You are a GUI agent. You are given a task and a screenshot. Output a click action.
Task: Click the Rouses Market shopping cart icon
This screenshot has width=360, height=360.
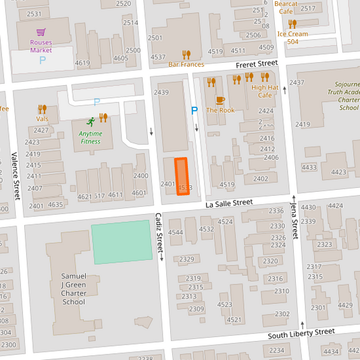(41, 32)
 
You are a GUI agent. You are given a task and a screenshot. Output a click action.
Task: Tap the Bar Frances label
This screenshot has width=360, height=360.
(186, 64)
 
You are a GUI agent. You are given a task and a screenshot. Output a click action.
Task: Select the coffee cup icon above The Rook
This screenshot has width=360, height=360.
(220, 100)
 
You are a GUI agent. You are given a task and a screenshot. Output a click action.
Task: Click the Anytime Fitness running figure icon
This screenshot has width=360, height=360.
(91, 122)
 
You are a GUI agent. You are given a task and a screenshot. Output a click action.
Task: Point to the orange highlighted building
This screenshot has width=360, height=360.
(181, 176)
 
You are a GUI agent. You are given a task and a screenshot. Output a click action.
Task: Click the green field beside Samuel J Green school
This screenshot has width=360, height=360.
(122, 242)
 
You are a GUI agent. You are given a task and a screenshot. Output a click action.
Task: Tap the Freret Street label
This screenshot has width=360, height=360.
(257, 63)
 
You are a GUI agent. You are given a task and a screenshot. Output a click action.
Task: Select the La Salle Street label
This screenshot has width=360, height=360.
(229, 203)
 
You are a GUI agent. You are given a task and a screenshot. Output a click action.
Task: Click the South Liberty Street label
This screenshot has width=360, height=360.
(301, 333)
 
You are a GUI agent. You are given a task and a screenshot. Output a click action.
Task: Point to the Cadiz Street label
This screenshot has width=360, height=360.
(159, 234)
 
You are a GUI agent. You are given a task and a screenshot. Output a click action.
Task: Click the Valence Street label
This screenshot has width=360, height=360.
(15, 176)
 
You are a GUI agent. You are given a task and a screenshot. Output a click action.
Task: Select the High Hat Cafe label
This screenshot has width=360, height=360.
(265, 91)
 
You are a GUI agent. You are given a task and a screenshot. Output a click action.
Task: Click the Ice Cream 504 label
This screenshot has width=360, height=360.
(292, 37)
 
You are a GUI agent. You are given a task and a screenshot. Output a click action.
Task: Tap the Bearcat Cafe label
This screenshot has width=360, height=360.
(286, 7)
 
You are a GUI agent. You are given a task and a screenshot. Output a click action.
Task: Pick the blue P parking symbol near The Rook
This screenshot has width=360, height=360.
(195, 110)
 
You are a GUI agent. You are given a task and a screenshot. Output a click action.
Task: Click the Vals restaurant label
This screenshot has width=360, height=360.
(43, 119)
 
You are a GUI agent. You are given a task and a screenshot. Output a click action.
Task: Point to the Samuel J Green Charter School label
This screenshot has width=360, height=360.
(74, 288)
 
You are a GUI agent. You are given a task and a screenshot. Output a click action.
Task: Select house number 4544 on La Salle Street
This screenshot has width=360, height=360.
(176, 232)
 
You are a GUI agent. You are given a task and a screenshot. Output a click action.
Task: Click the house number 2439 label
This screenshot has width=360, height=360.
(161, 92)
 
